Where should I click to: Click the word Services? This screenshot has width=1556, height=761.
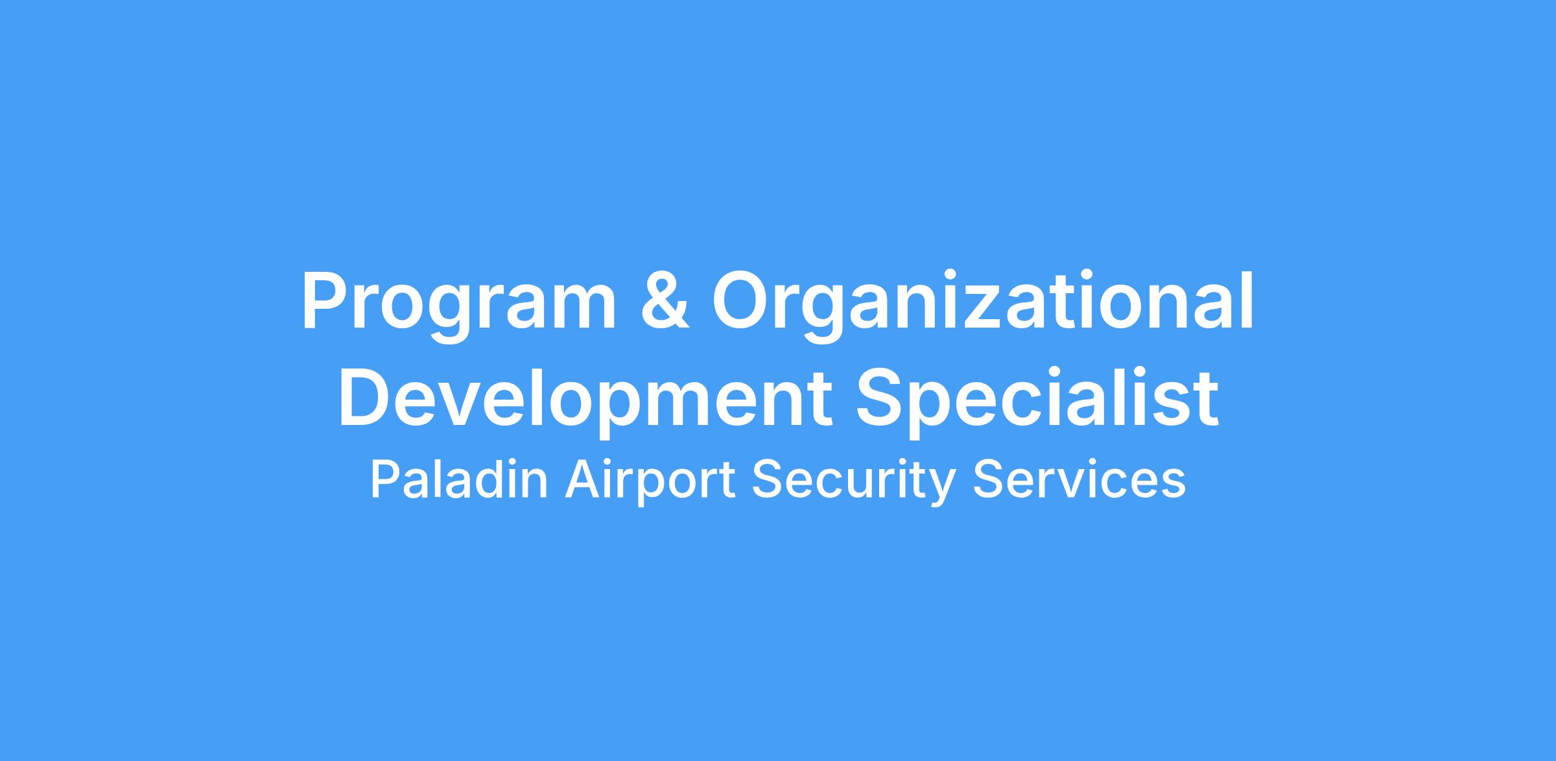(x=1079, y=481)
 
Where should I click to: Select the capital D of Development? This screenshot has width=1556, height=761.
(x=367, y=396)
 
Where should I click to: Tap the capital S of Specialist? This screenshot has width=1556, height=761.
(x=882, y=396)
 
